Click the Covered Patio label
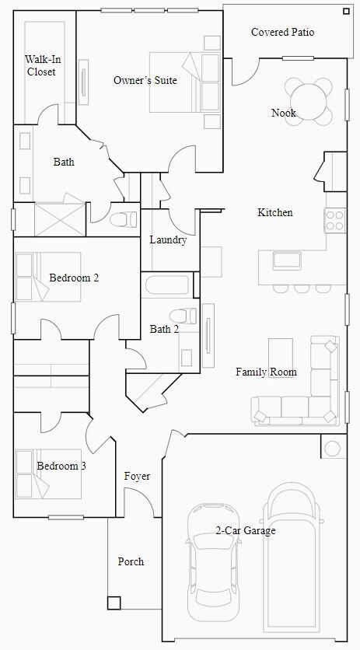click(282, 32)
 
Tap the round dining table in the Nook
click(309, 102)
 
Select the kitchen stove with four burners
click(335, 220)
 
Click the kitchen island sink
click(287, 261)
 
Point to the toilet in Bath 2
click(183, 316)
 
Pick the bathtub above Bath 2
click(167, 285)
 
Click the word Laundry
click(168, 239)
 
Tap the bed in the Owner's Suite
click(185, 82)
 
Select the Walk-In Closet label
click(42, 65)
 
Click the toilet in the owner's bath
click(123, 219)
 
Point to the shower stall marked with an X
click(60, 219)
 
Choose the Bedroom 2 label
click(74, 278)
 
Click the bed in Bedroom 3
click(48, 474)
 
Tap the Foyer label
click(137, 477)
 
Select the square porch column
click(114, 603)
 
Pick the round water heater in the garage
click(333, 448)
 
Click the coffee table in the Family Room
click(281, 352)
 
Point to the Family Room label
click(266, 372)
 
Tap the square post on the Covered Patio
click(346, 12)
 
